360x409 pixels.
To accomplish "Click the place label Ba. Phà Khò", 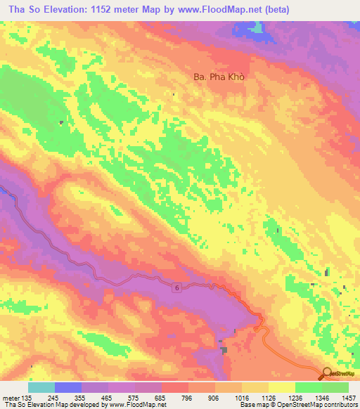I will point(218,77).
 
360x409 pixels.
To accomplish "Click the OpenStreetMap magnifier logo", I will point(328,374).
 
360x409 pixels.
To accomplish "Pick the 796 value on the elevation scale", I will point(188,396).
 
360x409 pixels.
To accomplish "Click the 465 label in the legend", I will point(108,396).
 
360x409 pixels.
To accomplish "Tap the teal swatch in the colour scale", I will point(41,387).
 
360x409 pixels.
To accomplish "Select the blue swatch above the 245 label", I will point(68,387).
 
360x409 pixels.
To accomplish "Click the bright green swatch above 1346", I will point(309,387).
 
